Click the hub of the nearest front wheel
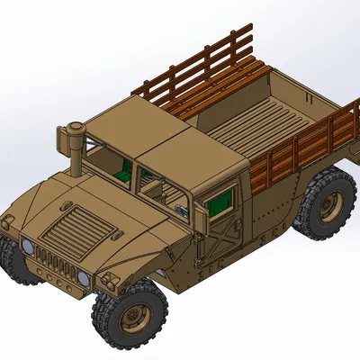tap(137, 316)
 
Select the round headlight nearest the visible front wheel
tap(84, 279)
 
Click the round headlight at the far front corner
tap(28, 246)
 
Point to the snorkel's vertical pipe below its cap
tap(77, 162)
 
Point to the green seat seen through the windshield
tap(121, 171)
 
